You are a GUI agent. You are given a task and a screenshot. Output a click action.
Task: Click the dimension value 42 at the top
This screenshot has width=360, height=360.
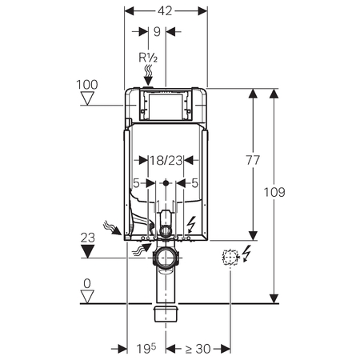point(165,11)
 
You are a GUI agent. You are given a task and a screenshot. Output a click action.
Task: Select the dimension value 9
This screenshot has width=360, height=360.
point(157,32)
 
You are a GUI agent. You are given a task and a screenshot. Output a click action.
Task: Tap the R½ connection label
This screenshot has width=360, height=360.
point(148,58)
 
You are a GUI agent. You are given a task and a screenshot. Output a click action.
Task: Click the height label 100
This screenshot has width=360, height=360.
point(87,85)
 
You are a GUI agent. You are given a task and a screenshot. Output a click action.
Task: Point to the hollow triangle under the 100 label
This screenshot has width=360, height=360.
point(87,98)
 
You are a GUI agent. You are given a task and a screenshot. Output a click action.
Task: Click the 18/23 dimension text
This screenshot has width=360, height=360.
point(166,161)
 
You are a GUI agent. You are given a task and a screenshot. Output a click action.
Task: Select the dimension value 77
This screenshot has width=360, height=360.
point(253,160)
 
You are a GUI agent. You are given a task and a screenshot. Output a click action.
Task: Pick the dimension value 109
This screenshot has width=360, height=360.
point(274,192)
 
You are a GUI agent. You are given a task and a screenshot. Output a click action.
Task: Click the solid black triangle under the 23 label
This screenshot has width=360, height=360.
point(88,251)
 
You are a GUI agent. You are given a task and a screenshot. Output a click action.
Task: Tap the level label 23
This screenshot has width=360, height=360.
point(88,238)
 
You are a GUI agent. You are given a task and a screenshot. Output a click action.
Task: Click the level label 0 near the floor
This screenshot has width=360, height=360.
point(87,284)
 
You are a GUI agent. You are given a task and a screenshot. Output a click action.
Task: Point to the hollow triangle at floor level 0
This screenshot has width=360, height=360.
point(87,297)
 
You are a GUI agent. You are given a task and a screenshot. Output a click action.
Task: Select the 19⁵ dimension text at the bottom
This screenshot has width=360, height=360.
point(146,348)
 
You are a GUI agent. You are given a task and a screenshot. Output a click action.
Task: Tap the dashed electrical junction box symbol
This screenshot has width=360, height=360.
point(230,257)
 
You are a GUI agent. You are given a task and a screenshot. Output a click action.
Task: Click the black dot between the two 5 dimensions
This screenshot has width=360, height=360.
point(166,183)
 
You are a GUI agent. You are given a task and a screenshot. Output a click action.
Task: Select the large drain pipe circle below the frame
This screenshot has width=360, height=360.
point(166,258)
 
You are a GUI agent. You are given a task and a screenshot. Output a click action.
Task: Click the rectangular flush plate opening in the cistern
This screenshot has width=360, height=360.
point(166,107)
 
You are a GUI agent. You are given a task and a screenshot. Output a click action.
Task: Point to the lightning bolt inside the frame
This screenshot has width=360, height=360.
point(192,224)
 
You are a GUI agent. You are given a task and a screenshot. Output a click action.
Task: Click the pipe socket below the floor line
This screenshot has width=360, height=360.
point(166,314)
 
